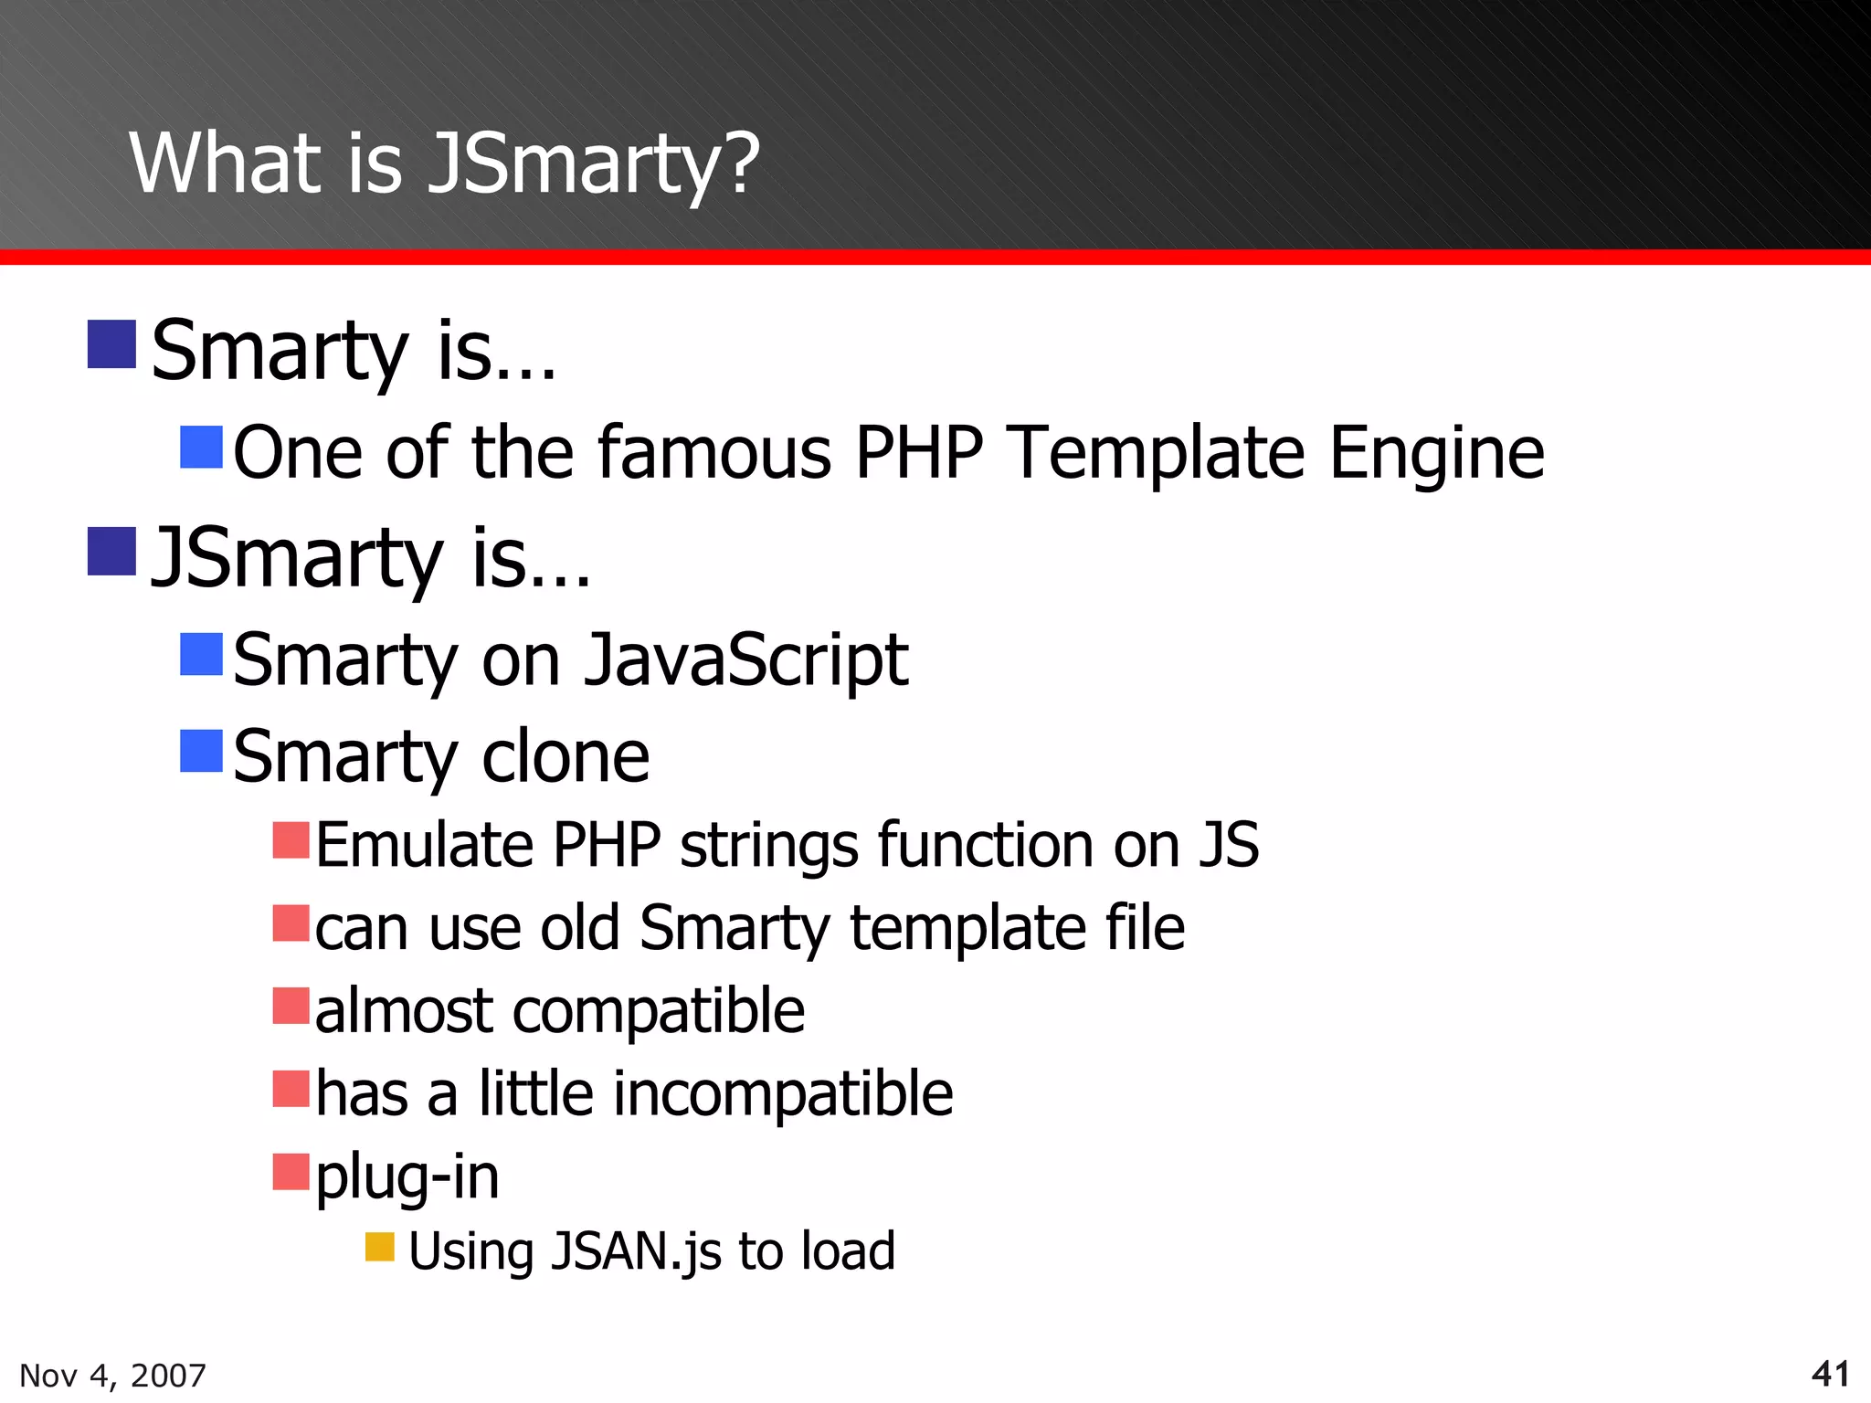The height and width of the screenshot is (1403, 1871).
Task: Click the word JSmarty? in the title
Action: click(594, 164)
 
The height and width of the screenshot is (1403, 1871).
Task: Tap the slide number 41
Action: click(1830, 1373)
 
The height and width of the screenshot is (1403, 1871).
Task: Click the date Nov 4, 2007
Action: click(112, 1375)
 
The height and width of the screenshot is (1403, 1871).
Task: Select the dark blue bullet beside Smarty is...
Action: click(111, 344)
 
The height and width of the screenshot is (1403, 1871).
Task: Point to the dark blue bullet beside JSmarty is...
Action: click(111, 552)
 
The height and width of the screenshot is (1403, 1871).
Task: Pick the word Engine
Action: click(1436, 454)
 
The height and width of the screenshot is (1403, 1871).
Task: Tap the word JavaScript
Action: click(745, 660)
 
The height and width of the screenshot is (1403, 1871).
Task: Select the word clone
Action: click(565, 756)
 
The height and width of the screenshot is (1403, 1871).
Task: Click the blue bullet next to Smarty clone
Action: click(201, 751)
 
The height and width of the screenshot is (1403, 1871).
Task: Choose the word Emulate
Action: click(424, 845)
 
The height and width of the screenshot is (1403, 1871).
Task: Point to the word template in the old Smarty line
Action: click(968, 929)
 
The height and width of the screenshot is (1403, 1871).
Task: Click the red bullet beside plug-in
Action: click(291, 1172)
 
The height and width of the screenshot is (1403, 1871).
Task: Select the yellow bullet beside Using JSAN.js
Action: click(379, 1247)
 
